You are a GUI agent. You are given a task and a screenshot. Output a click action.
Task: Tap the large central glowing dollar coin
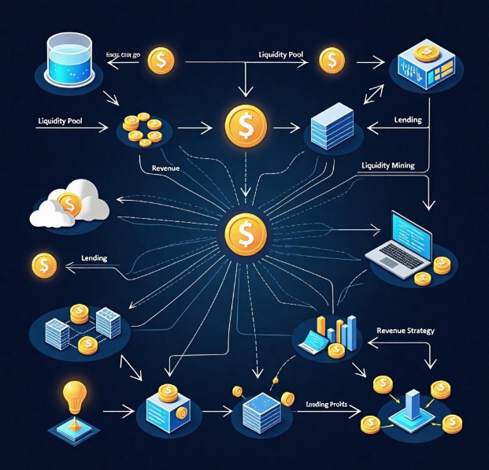245,233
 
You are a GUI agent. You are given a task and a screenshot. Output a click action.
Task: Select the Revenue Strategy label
406,331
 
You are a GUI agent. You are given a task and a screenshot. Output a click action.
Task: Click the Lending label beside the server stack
406,120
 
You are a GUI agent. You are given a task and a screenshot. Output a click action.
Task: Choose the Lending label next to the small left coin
94,258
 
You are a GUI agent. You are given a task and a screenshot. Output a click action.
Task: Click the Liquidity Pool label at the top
282,54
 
